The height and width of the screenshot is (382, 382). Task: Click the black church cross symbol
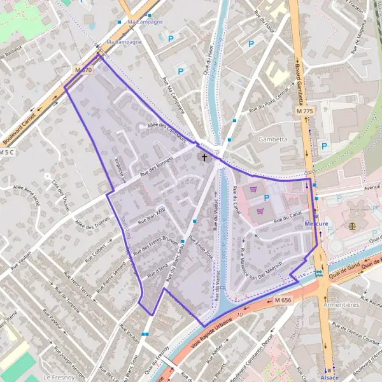tap(204, 156)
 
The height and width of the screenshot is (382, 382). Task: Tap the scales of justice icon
tap(352, 225)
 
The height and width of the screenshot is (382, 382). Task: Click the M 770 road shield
tap(83, 69)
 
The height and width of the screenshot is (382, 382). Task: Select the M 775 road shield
tap(305, 111)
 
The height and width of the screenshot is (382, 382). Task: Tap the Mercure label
tap(316, 224)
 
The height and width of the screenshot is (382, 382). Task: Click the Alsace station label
tap(330, 377)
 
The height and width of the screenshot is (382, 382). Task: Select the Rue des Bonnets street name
tap(156, 167)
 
